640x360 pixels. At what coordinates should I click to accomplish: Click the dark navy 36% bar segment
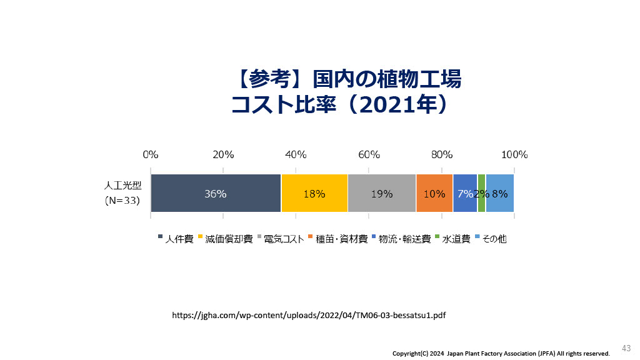click(216, 193)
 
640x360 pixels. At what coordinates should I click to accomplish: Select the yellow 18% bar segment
click(314, 193)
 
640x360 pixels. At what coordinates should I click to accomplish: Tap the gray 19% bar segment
click(382, 193)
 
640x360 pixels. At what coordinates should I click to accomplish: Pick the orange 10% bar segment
click(434, 193)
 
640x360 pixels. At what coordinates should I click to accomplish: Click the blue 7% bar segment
click(465, 193)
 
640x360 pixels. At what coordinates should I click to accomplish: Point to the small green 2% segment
click(482, 193)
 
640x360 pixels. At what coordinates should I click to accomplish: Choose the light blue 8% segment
click(499, 193)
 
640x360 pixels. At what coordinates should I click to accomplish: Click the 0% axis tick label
click(151, 155)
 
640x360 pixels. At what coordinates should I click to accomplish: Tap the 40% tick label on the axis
click(296, 155)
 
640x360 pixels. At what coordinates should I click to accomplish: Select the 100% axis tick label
click(514, 155)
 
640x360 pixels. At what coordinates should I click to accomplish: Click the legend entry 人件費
click(176, 239)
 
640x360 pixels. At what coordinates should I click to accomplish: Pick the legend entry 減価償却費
click(225, 239)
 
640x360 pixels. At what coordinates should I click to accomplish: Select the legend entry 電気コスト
click(281, 239)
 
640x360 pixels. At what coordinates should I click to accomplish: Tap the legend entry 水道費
click(452, 239)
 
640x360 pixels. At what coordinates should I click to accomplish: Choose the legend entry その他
click(491, 239)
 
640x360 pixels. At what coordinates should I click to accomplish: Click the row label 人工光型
click(123, 185)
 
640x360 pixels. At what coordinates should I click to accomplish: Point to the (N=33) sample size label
click(122, 201)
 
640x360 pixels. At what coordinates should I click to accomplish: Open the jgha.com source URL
click(309, 315)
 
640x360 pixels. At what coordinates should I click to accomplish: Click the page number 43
click(626, 348)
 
